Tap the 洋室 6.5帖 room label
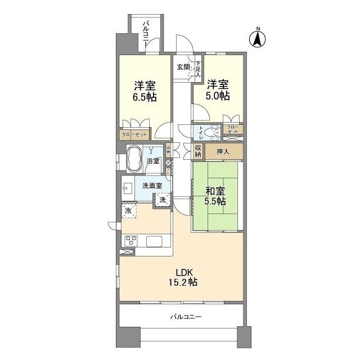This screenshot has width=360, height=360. point(145,91)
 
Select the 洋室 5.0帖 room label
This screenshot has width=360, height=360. point(218,91)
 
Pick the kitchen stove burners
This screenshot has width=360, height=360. point(130,241)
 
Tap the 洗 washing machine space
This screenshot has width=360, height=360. point(162,199)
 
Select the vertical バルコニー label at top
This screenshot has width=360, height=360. point(146,34)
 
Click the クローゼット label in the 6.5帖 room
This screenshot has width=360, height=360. point(133,135)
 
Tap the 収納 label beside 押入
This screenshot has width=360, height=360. point(198,151)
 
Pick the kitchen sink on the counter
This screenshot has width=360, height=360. point(155,241)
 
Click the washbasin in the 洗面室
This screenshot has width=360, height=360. point(128,187)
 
